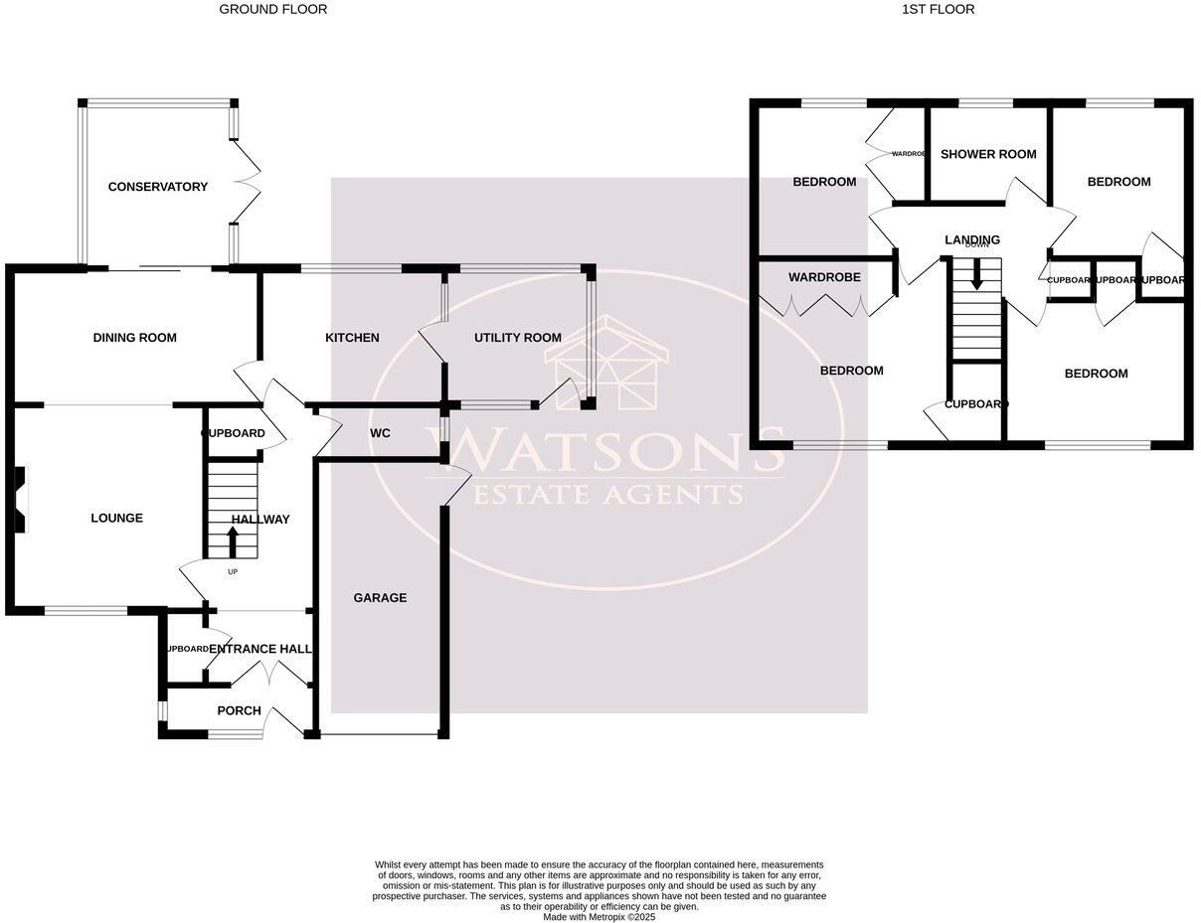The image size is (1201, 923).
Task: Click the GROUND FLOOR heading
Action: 272,10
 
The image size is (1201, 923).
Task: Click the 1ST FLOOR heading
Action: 938,10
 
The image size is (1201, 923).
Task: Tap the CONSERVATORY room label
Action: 158,187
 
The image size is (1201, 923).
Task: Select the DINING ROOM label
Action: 135,338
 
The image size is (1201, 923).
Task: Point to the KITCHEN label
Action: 352,338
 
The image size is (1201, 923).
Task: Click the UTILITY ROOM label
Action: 517,338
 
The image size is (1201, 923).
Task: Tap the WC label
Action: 380,434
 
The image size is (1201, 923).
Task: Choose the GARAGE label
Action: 380,598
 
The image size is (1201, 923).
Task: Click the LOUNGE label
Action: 116,518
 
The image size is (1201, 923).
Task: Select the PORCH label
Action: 239,710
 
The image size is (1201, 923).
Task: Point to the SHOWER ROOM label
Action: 988,154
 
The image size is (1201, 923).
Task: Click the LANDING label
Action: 972,239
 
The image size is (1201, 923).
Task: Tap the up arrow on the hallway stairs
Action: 233,542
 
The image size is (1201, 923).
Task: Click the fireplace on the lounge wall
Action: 20,500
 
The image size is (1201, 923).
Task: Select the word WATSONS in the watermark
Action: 603,452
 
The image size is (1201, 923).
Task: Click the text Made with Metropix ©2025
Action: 599,917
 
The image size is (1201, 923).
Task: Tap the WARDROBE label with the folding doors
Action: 824,277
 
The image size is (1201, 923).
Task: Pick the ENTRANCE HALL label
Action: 260,649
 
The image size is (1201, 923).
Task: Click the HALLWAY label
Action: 260,520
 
